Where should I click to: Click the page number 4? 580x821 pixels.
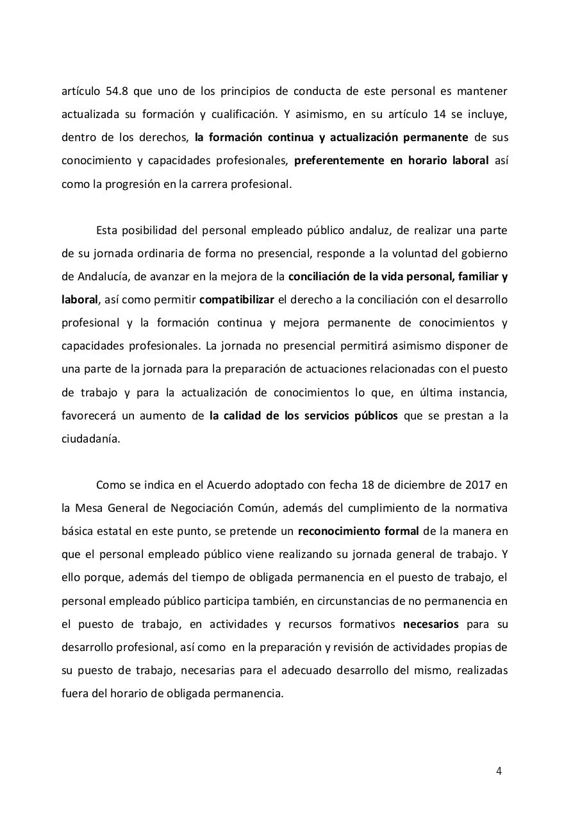click(x=499, y=771)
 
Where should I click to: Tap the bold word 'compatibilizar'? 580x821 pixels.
click(x=236, y=300)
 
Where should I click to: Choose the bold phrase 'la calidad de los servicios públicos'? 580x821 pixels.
click(x=303, y=416)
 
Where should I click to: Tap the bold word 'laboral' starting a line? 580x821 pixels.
click(x=79, y=300)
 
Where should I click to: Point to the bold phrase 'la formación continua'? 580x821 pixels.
click(x=245, y=137)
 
